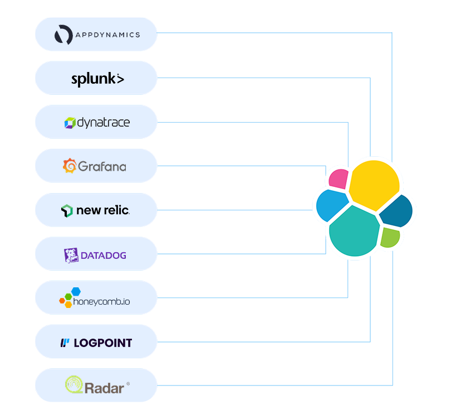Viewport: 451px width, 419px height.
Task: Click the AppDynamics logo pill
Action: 96,35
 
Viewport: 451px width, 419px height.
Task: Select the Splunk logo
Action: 96,79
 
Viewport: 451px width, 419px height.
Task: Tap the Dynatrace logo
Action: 96,122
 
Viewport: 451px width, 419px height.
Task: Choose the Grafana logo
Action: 96,166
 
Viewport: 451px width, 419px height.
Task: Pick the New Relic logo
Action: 96,210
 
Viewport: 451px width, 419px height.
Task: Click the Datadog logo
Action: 96,254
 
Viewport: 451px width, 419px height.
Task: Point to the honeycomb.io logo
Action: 96,298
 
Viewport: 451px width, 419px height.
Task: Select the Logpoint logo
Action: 96,342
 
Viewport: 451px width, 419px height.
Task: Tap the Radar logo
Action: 96,386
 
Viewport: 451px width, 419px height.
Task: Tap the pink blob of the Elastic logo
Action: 338,179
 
